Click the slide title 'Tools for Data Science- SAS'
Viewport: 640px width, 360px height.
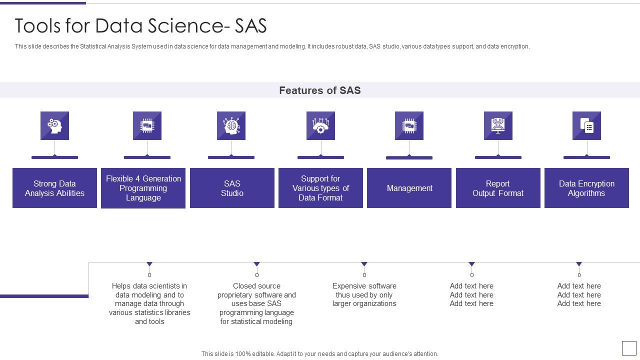point(140,25)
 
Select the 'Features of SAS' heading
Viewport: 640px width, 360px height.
point(320,90)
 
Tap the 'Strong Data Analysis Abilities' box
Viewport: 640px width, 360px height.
point(54,188)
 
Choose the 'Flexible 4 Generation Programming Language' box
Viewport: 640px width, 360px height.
point(143,188)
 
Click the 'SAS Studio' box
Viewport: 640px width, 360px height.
point(232,188)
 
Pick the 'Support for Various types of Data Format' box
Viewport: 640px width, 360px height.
point(320,188)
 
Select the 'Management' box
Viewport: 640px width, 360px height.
point(409,188)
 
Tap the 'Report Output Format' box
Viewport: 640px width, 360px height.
point(498,188)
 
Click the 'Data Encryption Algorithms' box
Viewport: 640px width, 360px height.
point(586,188)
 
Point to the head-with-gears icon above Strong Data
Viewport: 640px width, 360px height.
point(54,125)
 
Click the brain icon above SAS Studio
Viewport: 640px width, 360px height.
point(231,125)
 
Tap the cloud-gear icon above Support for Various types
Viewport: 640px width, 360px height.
point(320,125)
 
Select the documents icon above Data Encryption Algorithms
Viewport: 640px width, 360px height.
point(586,125)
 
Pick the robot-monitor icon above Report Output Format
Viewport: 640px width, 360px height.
point(498,125)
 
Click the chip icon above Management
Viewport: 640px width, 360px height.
point(409,125)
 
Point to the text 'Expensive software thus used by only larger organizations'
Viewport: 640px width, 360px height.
point(364,295)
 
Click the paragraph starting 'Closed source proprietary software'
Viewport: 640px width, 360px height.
point(256,303)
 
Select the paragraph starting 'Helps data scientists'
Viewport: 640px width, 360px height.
point(149,303)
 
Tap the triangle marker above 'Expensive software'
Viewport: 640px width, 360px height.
point(364,264)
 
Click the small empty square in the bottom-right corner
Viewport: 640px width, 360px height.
point(629,348)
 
